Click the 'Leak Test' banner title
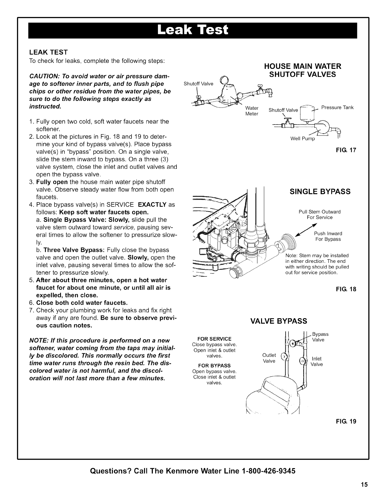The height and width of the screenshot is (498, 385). point(192,30)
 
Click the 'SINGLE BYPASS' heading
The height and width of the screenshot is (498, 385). point(320,192)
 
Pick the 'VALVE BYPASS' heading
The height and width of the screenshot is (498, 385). point(278,321)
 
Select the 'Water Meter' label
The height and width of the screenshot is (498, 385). point(252,111)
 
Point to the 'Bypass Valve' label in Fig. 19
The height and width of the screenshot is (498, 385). point(320,337)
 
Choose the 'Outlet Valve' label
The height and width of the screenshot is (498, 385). point(269,358)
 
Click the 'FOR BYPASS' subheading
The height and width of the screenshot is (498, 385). point(214,366)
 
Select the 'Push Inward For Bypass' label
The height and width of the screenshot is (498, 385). point(328,236)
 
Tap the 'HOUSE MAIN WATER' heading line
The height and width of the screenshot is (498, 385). point(303,66)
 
